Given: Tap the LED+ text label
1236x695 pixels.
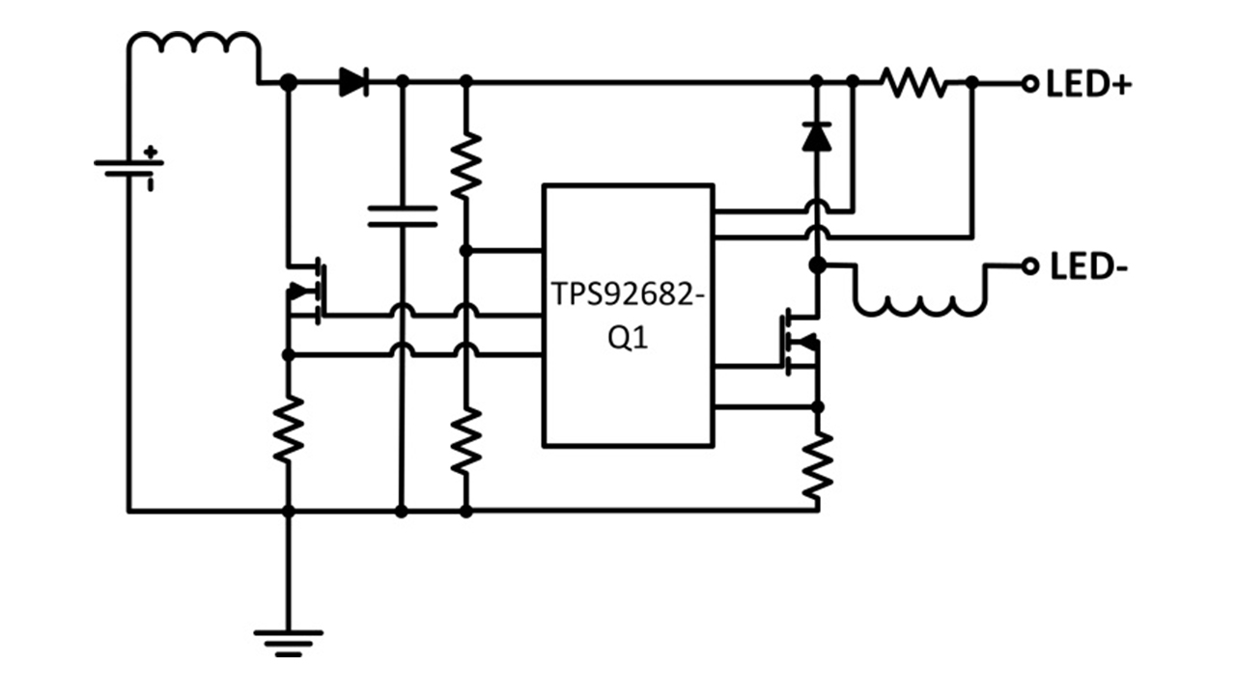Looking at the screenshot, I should click(1088, 85).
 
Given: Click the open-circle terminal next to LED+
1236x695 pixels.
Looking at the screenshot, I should click(1029, 84).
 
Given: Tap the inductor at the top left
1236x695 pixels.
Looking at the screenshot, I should click(193, 45).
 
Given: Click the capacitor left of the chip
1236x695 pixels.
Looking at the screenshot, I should click(403, 215).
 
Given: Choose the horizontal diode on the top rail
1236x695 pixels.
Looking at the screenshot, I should click(354, 84).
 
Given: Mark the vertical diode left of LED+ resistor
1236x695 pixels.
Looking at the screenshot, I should click(817, 137).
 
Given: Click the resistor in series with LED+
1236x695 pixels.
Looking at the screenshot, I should click(916, 84).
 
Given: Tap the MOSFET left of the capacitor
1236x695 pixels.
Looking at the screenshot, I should click(307, 290).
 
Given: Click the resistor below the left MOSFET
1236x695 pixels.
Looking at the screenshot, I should click(287, 429).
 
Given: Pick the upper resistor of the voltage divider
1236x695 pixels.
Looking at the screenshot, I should click(465, 165).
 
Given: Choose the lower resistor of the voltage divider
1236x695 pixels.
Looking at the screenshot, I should click(465, 439).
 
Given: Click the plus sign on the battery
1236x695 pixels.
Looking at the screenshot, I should click(150, 152).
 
